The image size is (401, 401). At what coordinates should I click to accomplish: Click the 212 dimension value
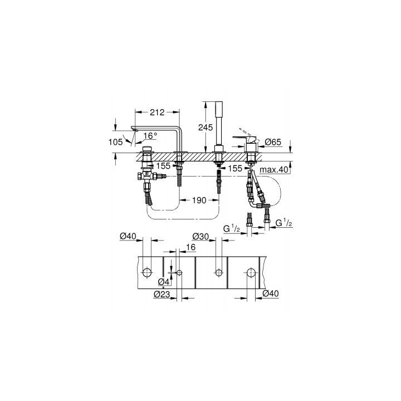click(x=157, y=112)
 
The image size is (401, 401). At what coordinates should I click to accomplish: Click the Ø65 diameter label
click(x=273, y=141)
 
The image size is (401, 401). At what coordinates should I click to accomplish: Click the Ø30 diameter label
click(x=200, y=236)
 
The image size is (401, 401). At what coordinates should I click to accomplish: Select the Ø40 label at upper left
click(x=128, y=237)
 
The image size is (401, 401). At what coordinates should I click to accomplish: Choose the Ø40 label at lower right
click(x=270, y=294)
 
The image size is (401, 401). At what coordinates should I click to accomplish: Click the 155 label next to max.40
click(x=236, y=168)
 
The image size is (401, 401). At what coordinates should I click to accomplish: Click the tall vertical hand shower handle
click(x=218, y=123)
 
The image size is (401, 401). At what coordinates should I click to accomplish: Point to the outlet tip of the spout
click(x=134, y=130)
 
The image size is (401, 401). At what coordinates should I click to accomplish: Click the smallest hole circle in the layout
click(x=180, y=272)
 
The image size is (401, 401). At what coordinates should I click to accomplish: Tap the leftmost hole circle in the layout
click(x=148, y=272)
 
